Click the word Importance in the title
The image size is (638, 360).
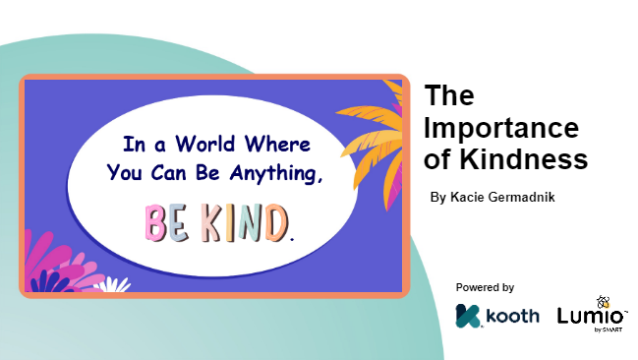tap(501, 129)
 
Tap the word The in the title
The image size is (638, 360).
tap(449, 96)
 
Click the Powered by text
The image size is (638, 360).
tap(485, 287)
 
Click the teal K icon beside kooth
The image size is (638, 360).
tap(468, 317)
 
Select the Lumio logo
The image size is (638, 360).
tap(592, 316)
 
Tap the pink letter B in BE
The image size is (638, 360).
tap(156, 223)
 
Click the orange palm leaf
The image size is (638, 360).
tap(375, 138)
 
